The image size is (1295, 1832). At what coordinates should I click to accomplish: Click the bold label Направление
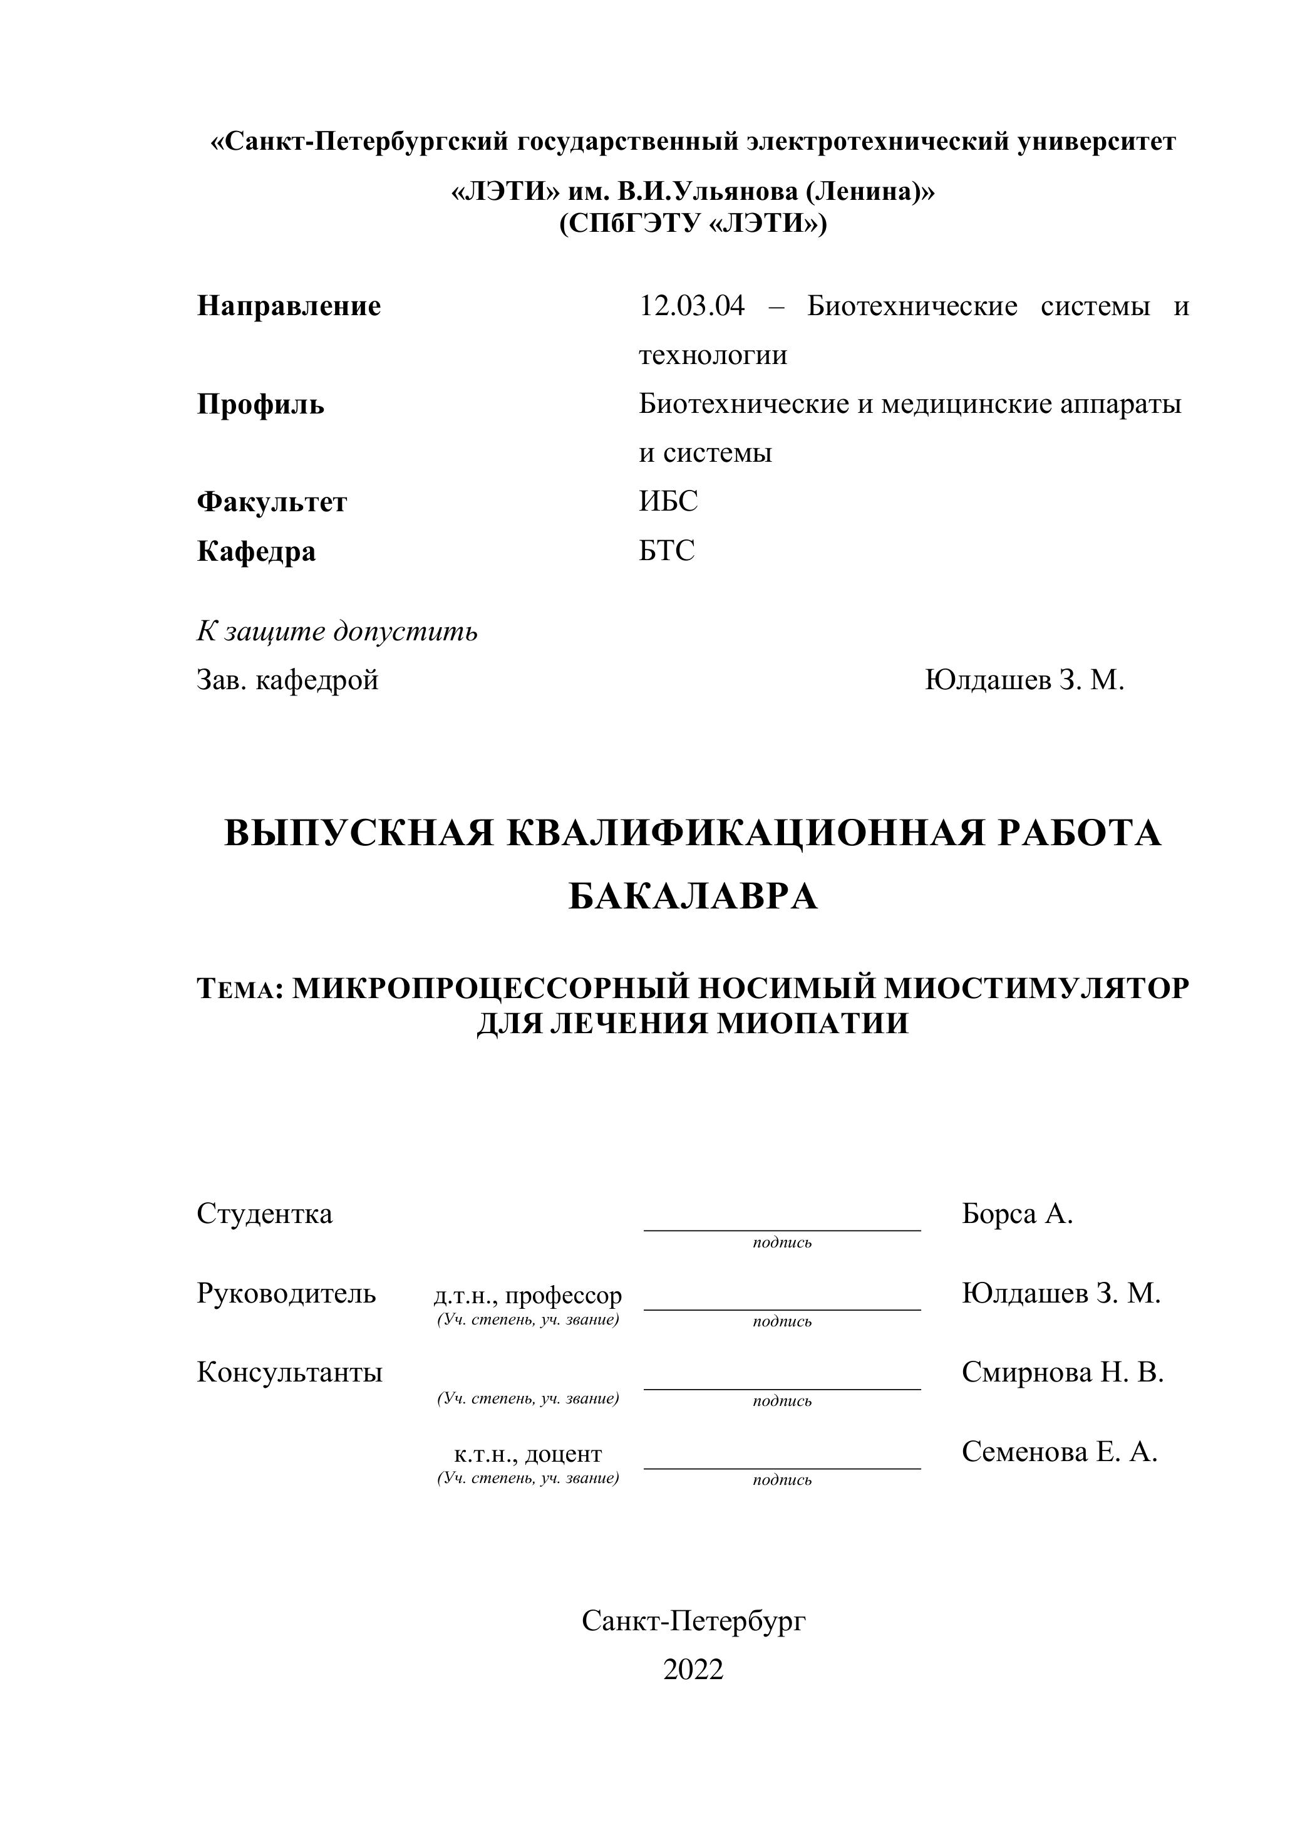(x=289, y=306)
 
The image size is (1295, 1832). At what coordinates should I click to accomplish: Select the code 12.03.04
(x=691, y=306)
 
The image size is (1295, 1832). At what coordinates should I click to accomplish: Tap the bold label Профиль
(x=260, y=405)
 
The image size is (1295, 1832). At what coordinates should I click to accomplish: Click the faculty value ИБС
(x=668, y=502)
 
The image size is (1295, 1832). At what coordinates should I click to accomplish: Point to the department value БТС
(x=667, y=551)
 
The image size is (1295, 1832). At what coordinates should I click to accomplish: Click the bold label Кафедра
(x=256, y=551)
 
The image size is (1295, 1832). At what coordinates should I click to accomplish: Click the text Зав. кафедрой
(x=287, y=680)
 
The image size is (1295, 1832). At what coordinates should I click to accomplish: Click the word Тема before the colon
(x=237, y=989)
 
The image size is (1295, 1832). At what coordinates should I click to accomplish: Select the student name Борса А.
(x=1017, y=1214)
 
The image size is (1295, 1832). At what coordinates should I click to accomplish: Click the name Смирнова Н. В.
(x=1062, y=1372)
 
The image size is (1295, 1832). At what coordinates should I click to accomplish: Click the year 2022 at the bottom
(x=693, y=1669)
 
